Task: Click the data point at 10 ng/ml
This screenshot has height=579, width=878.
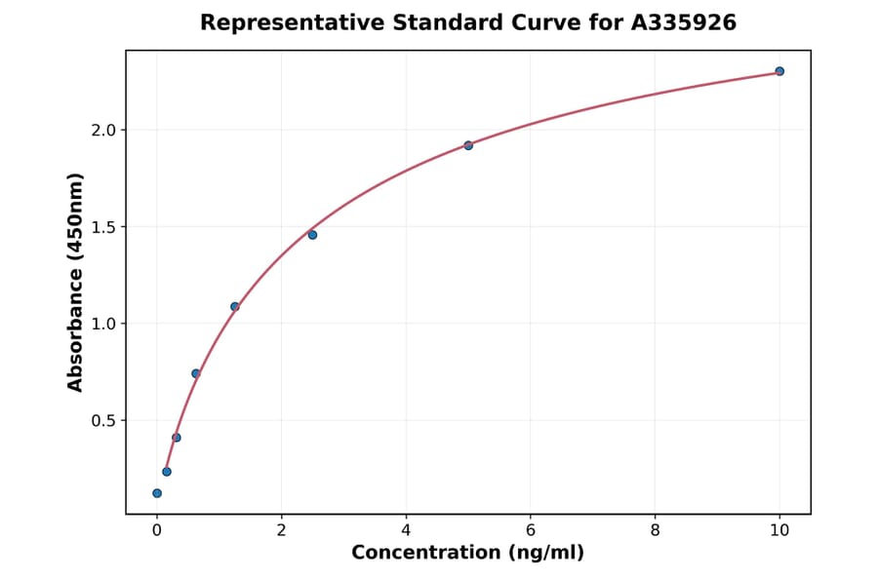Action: pyautogui.click(x=779, y=71)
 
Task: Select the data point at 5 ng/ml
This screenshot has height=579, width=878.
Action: pyautogui.click(x=468, y=145)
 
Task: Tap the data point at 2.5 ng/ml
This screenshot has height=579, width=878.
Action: pyautogui.click(x=312, y=235)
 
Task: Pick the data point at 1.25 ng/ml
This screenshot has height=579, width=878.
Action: pyautogui.click(x=235, y=306)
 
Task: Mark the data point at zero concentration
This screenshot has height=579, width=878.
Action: pyautogui.click(x=157, y=493)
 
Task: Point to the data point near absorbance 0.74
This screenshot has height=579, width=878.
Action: pyautogui.click(x=196, y=373)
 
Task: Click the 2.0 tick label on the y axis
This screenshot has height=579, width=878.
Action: pyautogui.click(x=101, y=131)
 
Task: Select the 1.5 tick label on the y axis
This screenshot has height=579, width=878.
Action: pyautogui.click(x=101, y=227)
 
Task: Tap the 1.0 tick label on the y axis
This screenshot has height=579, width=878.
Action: pyautogui.click(x=101, y=324)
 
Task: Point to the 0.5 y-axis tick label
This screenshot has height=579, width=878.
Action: pyautogui.click(x=101, y=420)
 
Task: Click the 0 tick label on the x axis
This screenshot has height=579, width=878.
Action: pyautogui.click(x=157, y=530)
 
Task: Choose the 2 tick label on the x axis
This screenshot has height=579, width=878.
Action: pyautogui.click(x=281, y=530)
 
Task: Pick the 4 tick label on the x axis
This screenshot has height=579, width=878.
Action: pyautogui.click(x=406, y=530)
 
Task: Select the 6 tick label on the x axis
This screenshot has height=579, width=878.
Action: pyautogui.click(x=530, y=530)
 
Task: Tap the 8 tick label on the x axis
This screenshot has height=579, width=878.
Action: pyautogui.click(x=655, y=530)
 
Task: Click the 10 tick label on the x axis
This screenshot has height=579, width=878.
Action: pyautogui.click(x=779, y=530)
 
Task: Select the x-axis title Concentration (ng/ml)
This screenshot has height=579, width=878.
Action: pyautogui.click(x=467, y=553)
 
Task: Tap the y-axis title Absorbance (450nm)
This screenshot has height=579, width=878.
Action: pyautogui.click(x=76, y=282)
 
